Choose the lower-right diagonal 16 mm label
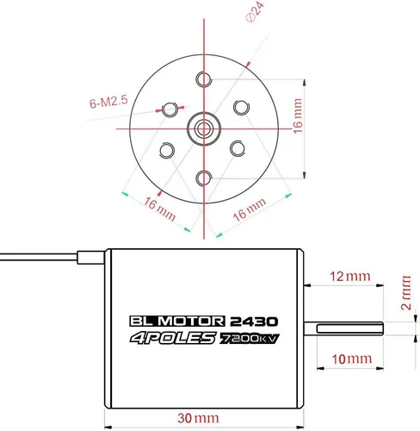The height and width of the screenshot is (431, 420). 248,209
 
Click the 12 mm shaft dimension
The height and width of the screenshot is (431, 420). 349,277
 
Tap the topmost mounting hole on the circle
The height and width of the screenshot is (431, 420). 205,80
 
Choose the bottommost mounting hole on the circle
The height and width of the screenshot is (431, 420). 205,178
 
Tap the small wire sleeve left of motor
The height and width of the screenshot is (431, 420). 90,256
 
